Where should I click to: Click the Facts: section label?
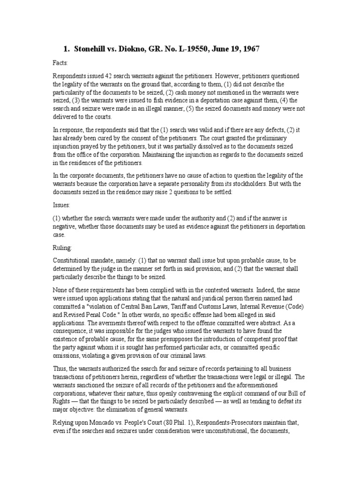60,62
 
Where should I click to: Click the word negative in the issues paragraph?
65,227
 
